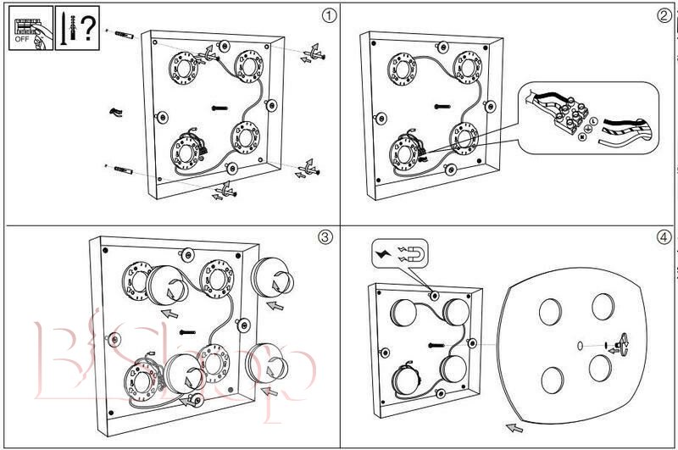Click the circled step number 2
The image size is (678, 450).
(x=664, y=14)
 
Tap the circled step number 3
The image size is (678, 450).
(x=325, y=237)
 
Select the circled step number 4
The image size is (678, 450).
(x=664, y=237)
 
